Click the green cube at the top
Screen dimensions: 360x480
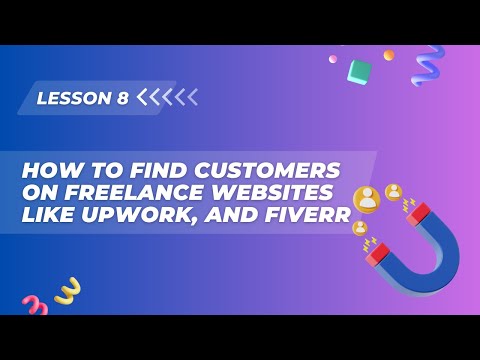pos(359,70)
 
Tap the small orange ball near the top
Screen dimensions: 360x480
pos(389,55)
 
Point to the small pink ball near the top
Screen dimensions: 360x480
pos(333,59)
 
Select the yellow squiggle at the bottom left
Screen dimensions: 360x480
pos(67,291)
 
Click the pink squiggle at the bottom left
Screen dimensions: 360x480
pos(34,305)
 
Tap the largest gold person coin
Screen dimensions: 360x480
pos(367,199)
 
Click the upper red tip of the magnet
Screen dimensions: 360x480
pos(417,213)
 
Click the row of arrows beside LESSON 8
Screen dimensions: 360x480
pos(167,97)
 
